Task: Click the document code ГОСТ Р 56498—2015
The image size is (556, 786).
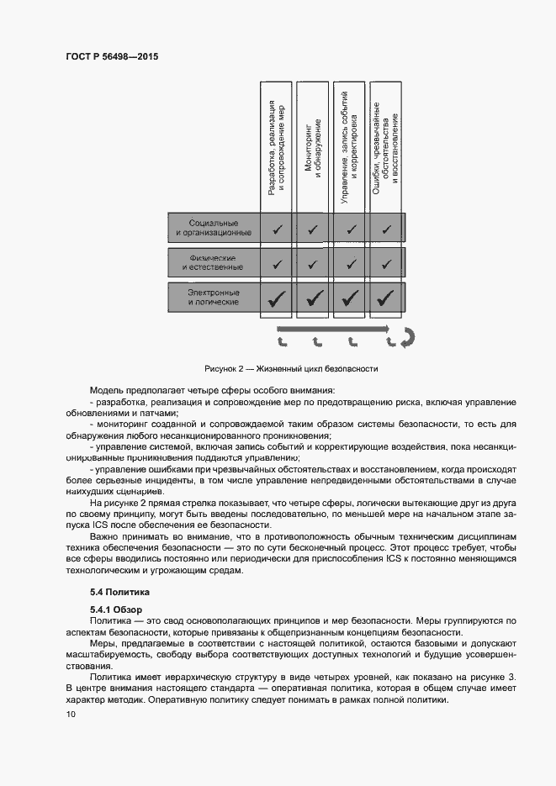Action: [x=112, y=57]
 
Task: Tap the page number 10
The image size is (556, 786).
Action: [x=71, y=715]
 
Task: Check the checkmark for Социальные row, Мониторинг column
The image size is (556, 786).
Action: [x=313, y=228]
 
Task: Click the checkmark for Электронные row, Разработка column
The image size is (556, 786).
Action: [x=276, y=297]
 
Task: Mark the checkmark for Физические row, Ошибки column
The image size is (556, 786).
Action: [x=386, y=263]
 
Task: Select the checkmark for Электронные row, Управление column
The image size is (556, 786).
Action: [x=350, y=297]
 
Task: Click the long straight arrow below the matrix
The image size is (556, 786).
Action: [x=333, y=329]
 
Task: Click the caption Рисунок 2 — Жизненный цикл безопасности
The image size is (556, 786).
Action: [x=291, y=368]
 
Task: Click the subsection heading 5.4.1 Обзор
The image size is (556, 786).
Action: [x=117, y=609]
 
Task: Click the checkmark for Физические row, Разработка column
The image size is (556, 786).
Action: [x=276, y=263]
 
